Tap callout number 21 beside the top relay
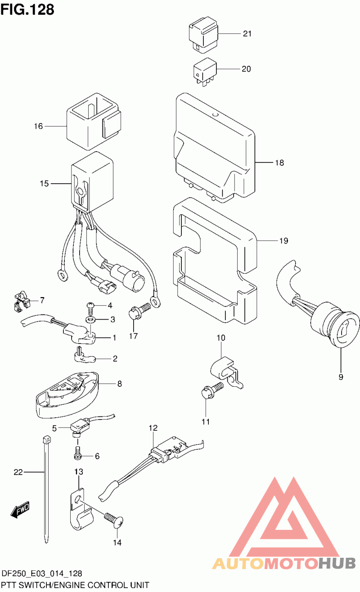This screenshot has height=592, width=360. coord(247,34)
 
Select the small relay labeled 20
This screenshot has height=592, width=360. coord(205,70)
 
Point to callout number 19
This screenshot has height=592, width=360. coord(283,241)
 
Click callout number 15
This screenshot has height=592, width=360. coord(44,183)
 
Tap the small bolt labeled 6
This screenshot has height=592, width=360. coord(77,453)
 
